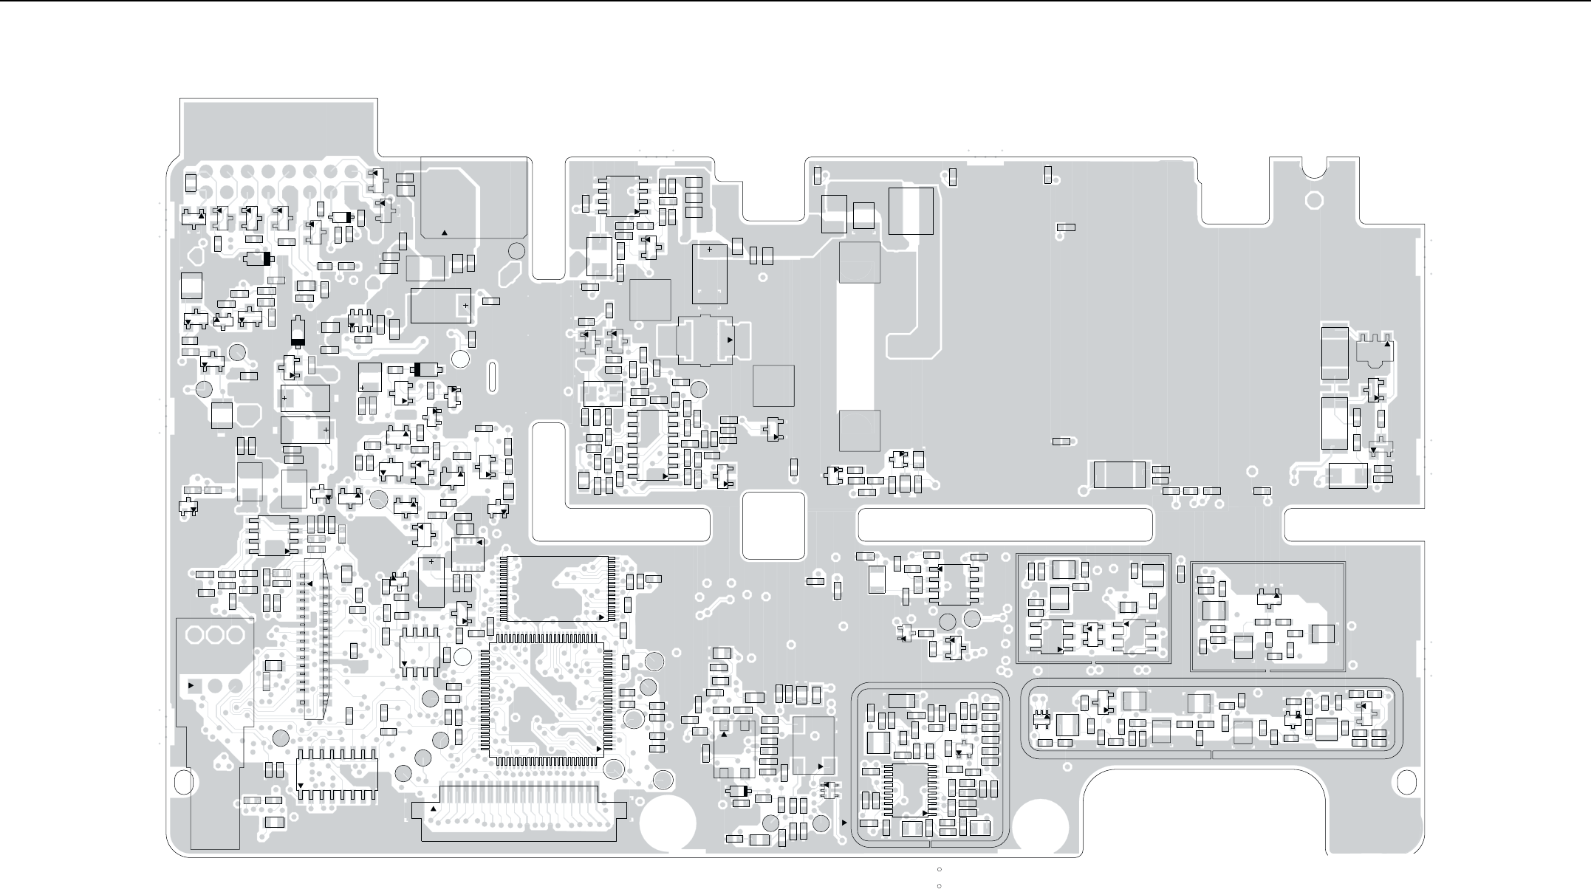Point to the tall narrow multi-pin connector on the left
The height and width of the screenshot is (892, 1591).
[313, 639]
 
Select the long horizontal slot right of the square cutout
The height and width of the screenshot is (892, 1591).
[1005, 524]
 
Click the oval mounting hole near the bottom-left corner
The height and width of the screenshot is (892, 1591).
[182, 780]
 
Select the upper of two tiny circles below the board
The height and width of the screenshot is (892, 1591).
[939, 869]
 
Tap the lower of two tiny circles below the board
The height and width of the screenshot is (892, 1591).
[939, 885]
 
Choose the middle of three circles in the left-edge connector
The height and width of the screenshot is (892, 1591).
[216, 636]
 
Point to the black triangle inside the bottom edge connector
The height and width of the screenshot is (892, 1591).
[433, 809]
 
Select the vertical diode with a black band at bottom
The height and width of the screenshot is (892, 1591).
[298, 332]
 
